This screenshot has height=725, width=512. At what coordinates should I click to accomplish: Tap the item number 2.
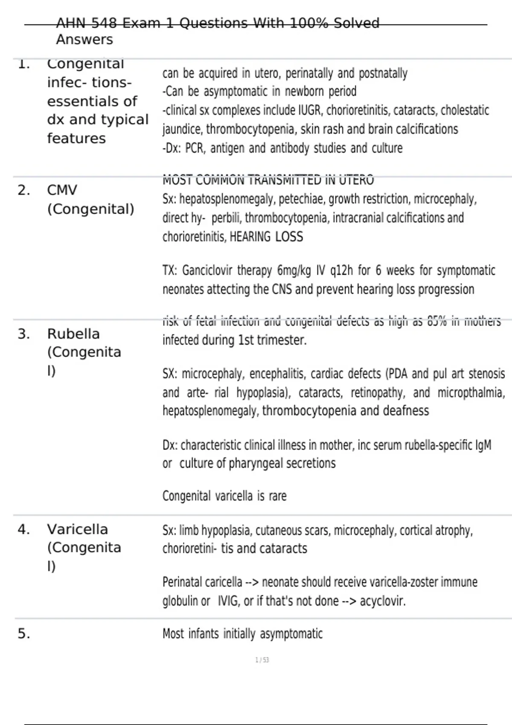[x=23, y=190]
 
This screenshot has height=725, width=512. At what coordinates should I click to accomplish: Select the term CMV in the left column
[x=62, y=190]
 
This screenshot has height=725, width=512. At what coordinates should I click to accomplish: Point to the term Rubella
[x=73, y=334]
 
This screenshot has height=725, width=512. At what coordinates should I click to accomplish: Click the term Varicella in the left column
[x=77, y=529]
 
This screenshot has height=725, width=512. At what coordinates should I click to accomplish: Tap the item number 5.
[x=23, y=634]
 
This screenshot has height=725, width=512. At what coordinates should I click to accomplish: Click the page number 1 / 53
[x=262, y=660]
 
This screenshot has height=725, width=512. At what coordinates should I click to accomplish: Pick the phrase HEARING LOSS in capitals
[x=266, y=237]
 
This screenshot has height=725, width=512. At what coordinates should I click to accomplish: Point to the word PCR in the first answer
[x=194, y=148]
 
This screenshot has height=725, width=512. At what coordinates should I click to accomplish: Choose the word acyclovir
[x=382, y=601]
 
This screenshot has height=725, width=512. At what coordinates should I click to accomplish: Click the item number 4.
[x=23, y=529]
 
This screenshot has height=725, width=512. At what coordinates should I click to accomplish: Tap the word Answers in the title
[x=84, y=40]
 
